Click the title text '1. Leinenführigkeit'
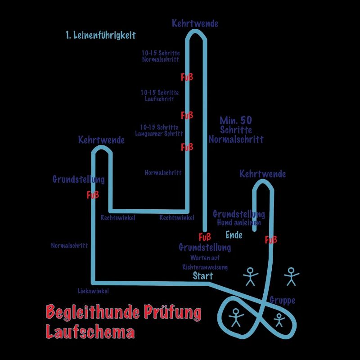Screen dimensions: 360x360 tap(100, 35)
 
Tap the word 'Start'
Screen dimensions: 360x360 tap(203, 276)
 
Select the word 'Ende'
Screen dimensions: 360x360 tap(234, 235)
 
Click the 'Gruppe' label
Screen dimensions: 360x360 tap(282, 301)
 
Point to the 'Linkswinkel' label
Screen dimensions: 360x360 tap(93, 291)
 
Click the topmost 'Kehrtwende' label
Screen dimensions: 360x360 tap(195, 23)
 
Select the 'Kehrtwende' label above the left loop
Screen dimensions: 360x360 tap(101, 140)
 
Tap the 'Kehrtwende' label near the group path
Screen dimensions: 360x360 tap(262, 174)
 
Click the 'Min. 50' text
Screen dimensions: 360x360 tap(235, 121)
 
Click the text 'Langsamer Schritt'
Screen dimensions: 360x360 tap(159, 134)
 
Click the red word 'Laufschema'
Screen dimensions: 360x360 tap(90, 332)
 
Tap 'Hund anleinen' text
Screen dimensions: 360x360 tap(238, 222)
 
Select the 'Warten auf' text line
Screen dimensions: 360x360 tap(205, 258)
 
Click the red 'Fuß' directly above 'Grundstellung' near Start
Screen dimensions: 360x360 tap(205, 237)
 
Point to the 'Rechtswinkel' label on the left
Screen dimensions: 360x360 tap(118, 218)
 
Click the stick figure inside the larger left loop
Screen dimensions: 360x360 tap(235, 317)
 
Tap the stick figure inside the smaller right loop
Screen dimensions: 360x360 tap(279, 319)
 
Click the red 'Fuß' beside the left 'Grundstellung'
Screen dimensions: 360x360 tap(93, 195)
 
